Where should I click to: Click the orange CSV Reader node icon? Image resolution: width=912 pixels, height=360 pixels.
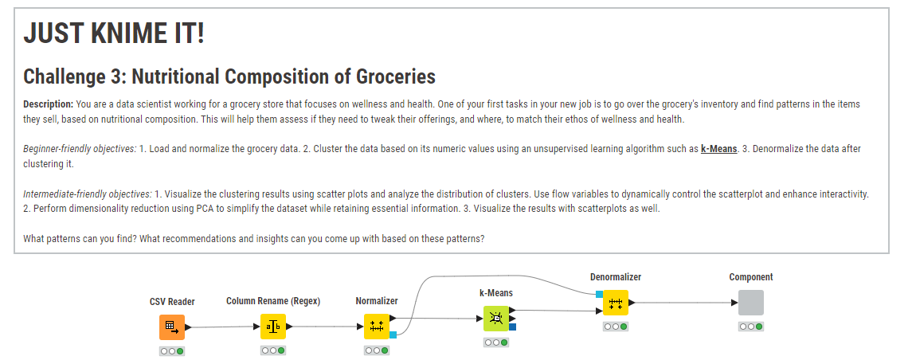(x=172, y=327)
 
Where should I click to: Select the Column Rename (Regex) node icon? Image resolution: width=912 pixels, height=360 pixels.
(x=272, y=327)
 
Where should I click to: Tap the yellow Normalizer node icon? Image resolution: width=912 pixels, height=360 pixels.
(x=377, y=327)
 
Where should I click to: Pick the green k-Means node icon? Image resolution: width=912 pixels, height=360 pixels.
(x=496, y=319)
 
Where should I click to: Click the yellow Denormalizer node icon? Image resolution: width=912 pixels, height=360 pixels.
(x=616, y=303)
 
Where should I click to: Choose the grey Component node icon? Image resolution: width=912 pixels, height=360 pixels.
(x=751, y=303)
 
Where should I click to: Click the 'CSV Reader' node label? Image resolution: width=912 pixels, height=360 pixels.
(x=172, y=302)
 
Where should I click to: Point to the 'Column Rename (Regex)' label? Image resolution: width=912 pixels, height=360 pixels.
(x=273, y=301)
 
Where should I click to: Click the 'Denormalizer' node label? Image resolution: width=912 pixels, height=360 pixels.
(x=616, y=277)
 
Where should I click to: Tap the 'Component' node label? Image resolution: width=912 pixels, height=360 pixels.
(x=751, y=277)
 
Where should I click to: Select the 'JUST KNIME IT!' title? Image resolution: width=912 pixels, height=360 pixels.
(x=114, y=33)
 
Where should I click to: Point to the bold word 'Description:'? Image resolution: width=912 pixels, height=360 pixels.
(x=49, y=104)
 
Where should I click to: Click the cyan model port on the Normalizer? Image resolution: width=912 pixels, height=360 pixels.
(x=393, y=335)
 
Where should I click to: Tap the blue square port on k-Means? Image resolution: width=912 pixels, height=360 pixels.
(x=512, y=327)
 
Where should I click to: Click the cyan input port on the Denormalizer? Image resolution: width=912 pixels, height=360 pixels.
(x=599, y=294)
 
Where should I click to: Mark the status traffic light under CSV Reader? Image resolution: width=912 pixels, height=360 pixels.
(x=172, y=351)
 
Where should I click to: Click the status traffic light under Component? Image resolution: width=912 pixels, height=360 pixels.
(x=751, y=327)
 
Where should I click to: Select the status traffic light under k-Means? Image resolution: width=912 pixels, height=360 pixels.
(x=496, y=342)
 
